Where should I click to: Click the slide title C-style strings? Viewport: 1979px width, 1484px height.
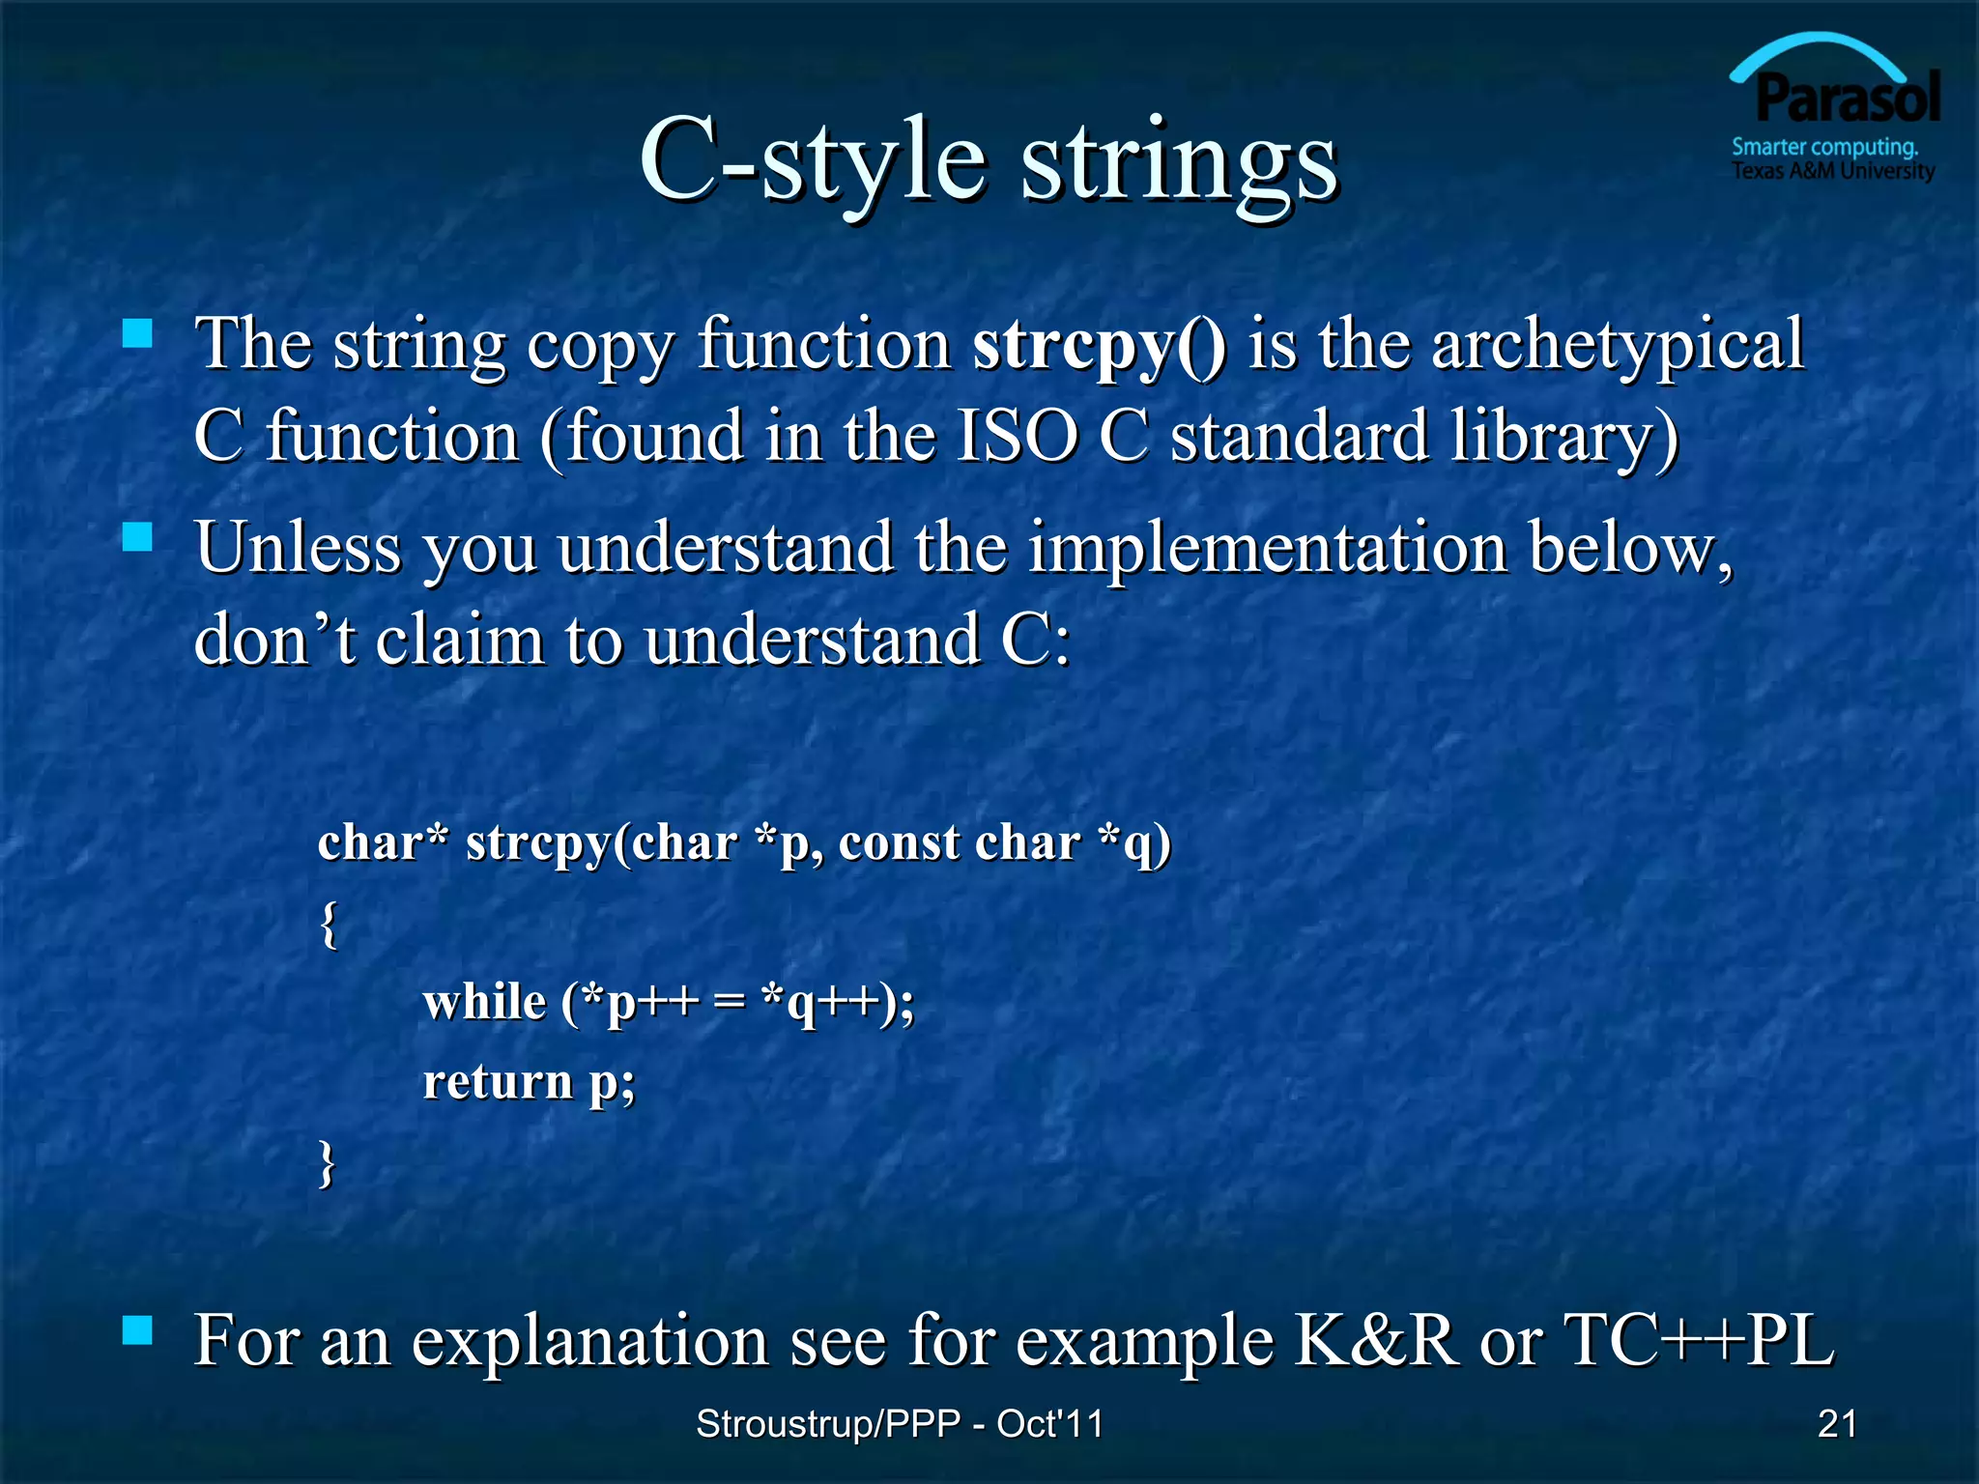coord(988,159)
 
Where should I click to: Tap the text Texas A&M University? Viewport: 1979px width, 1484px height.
coord(1832,172)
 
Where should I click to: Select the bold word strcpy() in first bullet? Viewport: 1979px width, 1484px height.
coord(1099,345)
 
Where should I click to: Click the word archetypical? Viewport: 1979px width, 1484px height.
coord(1617,345)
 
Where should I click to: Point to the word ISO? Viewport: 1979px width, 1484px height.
coord(1017,437)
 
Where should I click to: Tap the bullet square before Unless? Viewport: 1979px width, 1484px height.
coord(138,537)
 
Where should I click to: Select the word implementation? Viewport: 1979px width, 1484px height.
coord(1267,548)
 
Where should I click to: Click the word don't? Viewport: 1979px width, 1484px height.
coord(274,640)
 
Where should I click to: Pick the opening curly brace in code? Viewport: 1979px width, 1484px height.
coord(329,924)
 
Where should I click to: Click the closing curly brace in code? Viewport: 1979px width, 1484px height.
coord(328,1161)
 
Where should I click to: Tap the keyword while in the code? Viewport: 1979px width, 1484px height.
coord(484,1002)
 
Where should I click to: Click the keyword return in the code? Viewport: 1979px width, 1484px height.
coord(498,1081)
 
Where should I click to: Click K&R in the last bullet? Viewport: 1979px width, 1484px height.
coord(1375,1341)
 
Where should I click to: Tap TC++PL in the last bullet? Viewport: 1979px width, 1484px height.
coord(1698,1341)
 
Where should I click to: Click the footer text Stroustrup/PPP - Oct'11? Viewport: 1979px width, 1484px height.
coord(899,1423)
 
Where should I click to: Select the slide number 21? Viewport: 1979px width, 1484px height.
coord(1837,1423)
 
